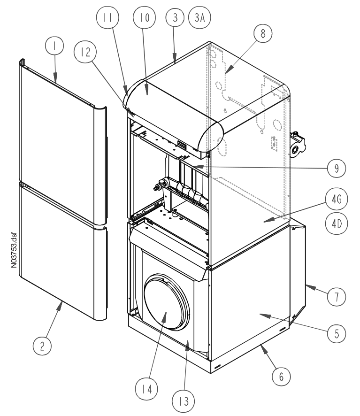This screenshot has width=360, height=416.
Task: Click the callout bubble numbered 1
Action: click(54, 46)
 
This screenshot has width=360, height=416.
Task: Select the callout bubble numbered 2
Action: click(42, 346)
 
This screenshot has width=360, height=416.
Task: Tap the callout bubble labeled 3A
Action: click(199, 17)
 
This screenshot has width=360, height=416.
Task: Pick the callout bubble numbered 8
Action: click(263, 33)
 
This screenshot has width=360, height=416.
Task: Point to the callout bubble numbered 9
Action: click(337, 168)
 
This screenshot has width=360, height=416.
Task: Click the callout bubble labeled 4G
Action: click(337, 199)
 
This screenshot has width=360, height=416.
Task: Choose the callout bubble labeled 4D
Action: click(337, 223)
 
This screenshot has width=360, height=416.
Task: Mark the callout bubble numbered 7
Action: click(337, 297)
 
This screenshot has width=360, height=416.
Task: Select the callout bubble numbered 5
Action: click(337, 333)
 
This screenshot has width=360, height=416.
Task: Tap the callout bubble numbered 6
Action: click(281, 377)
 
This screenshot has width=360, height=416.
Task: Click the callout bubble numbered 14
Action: click(146, 389)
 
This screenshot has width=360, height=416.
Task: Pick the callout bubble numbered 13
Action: click(184, 401)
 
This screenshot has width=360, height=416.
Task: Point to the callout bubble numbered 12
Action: click(85, 52)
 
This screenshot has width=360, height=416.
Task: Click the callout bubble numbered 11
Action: click(107, 17)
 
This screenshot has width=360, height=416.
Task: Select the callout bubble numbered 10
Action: click(144, 17)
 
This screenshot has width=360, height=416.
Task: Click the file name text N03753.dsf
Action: click(14, 250)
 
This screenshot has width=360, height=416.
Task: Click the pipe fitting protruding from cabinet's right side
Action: click(298, 144)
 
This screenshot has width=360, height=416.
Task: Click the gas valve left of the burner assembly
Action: click(161, 185)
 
